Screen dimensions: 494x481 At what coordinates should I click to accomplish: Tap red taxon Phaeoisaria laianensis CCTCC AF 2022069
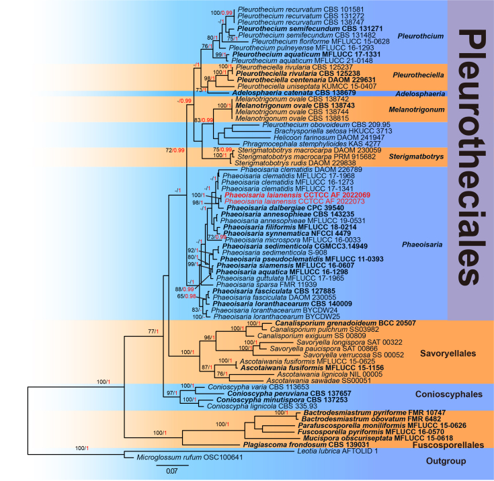274,195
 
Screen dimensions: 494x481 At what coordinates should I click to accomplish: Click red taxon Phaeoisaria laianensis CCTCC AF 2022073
274,202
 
